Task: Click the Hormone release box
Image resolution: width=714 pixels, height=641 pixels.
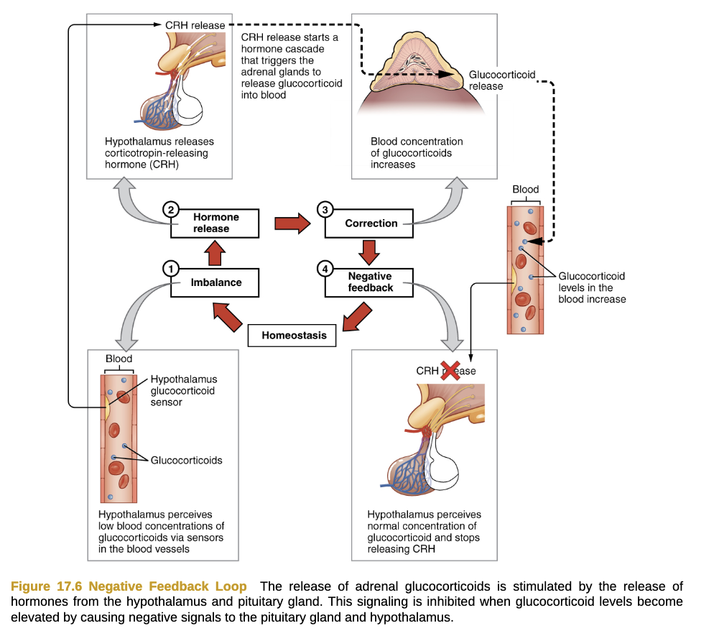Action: tap(215, 223)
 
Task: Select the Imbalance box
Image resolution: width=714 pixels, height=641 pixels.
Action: tap(215, 282)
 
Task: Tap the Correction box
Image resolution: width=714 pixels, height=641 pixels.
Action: tap(371, 223)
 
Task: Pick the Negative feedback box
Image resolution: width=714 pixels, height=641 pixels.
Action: tap(370, 282)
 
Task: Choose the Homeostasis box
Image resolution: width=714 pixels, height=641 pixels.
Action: tap(293, 335)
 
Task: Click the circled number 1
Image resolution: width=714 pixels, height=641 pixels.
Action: tap(170, 269)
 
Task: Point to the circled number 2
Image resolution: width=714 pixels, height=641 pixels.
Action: tap(170, 210)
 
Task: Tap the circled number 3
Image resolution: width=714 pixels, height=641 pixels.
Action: tap(325, 210)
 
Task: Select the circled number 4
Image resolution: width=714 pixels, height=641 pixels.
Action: tap(325, 269)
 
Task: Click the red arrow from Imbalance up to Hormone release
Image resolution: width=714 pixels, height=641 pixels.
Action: tap(215, 253)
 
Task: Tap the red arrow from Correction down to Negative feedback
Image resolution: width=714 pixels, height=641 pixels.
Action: tap(370, 253)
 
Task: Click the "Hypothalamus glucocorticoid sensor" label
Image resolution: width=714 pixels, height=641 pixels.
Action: tap(183, 390)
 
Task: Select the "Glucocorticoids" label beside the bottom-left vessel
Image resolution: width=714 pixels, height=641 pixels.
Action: tap(186, 460)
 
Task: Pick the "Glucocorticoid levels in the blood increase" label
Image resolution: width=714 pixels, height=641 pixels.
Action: tap(592, 287)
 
